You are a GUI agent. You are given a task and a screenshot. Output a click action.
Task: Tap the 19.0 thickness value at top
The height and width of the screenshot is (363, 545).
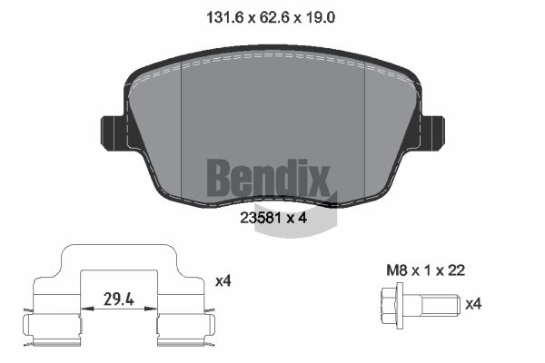pos(320,17)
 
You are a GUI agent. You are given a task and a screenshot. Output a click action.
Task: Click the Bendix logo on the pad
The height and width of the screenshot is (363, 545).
pos(268,178)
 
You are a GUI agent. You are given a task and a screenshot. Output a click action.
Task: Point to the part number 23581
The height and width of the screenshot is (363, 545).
pos(261,218)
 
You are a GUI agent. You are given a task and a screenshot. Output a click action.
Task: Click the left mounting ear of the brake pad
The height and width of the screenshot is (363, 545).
pos(114,133)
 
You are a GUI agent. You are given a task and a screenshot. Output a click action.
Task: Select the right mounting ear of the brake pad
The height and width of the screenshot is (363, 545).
pos(431,133)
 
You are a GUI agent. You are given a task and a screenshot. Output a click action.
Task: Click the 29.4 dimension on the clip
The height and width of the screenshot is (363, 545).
pos(119,299)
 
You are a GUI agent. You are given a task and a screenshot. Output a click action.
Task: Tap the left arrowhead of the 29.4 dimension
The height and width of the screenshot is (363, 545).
pos(87,309)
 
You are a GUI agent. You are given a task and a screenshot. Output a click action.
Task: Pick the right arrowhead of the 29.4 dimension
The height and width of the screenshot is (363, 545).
pos(151,309)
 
